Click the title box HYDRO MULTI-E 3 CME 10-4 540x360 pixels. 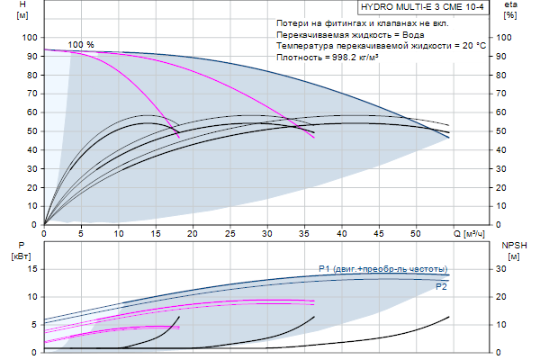421,8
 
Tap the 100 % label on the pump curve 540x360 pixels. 81,44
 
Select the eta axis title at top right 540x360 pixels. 510,10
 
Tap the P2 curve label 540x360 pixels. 441,286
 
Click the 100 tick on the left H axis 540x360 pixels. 30,38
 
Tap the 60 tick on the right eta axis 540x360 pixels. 505,112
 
